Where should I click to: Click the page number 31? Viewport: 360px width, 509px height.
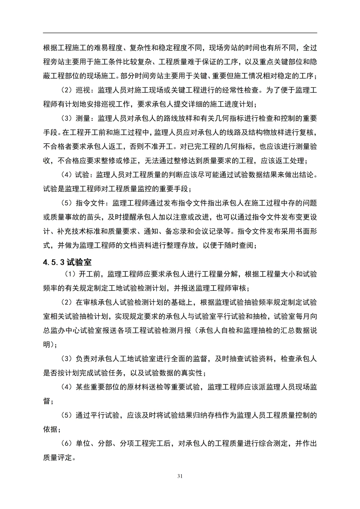point(180,476)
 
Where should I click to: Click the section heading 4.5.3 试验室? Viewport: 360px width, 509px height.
point(67,262)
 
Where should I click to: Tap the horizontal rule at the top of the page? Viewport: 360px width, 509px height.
point(180,33)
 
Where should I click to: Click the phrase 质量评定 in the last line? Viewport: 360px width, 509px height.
point(58,458)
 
